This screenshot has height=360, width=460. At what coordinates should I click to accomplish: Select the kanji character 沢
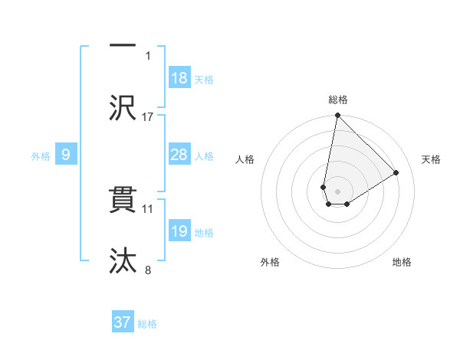[123, 106]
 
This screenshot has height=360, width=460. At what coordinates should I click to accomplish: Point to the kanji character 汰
[123, 260]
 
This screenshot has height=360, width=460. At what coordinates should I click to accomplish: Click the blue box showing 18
[179, 78]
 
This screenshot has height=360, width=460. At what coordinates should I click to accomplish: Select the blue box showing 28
[179, 155]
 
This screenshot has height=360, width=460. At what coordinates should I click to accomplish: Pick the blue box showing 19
[179, 231]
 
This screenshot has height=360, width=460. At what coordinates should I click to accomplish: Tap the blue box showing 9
[66, 155]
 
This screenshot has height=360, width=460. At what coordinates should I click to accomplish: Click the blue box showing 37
[123, 322]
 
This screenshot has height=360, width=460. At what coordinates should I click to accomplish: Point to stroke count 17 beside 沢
[148, 116]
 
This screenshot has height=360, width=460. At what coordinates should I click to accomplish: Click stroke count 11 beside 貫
[148, 208]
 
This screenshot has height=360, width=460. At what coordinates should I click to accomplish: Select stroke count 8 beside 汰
[148, 270]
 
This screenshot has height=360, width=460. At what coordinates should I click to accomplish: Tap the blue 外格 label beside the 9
[41, 156]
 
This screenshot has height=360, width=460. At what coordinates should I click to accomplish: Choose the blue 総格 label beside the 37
[147, 324]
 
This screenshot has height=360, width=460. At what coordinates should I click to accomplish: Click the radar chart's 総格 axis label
[337, 100]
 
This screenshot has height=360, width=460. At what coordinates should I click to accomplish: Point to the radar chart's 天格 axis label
[431, 159]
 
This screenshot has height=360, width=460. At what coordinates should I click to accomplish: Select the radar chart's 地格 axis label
[402, 262]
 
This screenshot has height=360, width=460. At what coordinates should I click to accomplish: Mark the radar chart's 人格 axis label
[245, 159]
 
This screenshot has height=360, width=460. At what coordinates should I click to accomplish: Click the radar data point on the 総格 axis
[337, 116]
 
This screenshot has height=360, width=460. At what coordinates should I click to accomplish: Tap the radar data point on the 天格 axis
[396, 173]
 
